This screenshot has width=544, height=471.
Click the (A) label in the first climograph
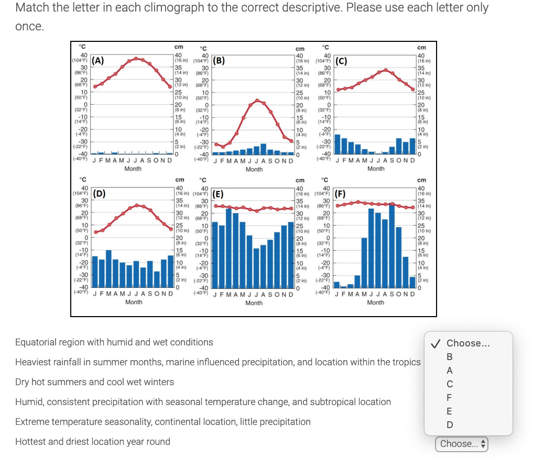[x=97, y=60]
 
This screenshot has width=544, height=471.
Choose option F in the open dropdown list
[x=449, y=398]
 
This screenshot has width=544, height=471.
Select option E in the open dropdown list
[x=449, y=411]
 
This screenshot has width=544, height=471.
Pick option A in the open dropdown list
[x=449, y=371]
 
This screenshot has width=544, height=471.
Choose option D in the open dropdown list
[x=449, y=425]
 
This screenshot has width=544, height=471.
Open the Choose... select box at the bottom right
[x=461, y=444]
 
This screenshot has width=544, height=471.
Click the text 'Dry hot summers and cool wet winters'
[x=94, y=382]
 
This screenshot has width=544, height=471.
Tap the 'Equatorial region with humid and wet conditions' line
[x=114, y=342]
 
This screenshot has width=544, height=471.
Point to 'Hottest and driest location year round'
[x=92, y=442]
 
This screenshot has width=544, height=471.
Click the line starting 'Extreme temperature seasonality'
[x=162, y=422]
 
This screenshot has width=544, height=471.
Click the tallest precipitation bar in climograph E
[x=229, y=249]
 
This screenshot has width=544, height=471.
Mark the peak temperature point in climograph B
[x=257, y=100]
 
